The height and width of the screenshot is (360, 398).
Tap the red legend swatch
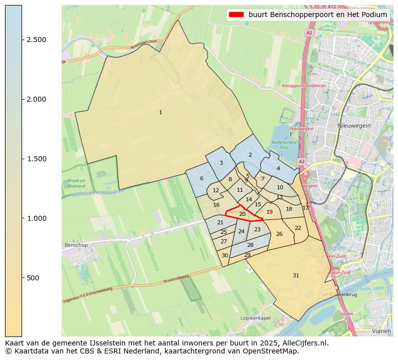pos(236,15)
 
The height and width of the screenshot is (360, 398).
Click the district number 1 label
pos(160,113)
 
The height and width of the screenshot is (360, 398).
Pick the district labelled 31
pos(296,275)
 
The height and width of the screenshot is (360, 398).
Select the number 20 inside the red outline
pos(242,214)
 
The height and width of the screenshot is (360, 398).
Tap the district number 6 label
pos(202,179)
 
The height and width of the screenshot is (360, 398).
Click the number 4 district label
pos(278,168)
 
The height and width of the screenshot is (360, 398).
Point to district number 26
pos(279,234)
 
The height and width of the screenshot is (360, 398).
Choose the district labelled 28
pos(250,245)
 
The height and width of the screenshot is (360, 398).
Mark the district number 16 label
pos(216,205)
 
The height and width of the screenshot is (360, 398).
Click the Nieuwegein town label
pos(354,126)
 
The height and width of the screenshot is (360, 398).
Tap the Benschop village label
pos(76,245)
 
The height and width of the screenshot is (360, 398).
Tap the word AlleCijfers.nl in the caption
pos(304,343)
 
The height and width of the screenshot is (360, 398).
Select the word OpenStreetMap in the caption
pos(273,351)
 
